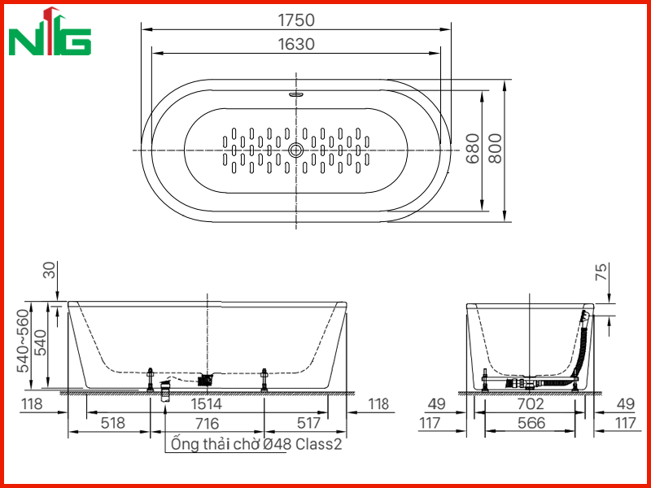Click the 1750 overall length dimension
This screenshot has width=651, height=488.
click(x=296, y=20)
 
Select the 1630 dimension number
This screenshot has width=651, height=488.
click(x=296, y=44)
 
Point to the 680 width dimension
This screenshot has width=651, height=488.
click(x=472, y=149)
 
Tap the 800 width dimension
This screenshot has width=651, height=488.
click(x=495, y=149)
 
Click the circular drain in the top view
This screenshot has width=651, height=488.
click(x=296, y=150)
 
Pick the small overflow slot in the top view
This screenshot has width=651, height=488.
click(x=296, y=94)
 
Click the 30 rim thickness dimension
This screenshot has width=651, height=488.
click(x=49, y=270)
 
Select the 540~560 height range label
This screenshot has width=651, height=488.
click(x=24, y=341)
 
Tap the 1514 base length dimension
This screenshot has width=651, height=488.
click(x=207, y=403)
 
